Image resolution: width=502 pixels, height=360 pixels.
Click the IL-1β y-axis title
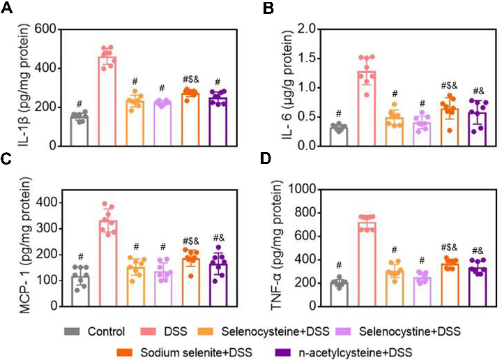click(x=15, y=87)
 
